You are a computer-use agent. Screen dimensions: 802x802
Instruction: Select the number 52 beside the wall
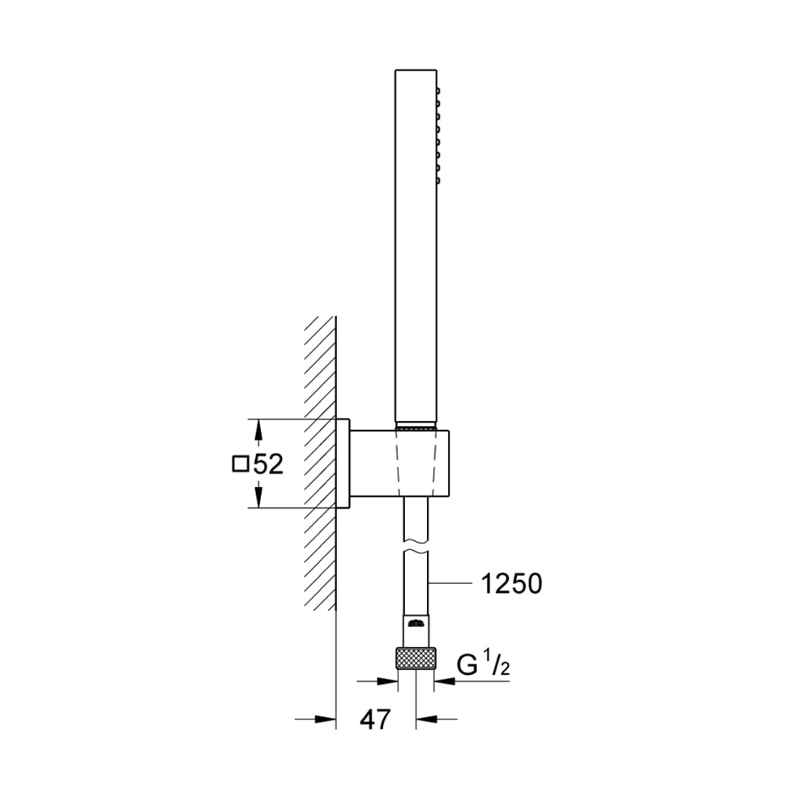point(268,464)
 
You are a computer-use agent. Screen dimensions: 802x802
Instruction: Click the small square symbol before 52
point(239,464)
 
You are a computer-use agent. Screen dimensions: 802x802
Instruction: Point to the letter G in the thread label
point(468,666)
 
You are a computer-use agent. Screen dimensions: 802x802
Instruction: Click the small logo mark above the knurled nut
point(416,624)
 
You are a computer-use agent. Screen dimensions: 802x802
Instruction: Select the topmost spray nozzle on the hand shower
point(438,87)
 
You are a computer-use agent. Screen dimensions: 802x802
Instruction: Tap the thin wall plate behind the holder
point(343,464)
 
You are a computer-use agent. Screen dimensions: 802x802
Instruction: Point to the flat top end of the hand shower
point(416,70)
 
